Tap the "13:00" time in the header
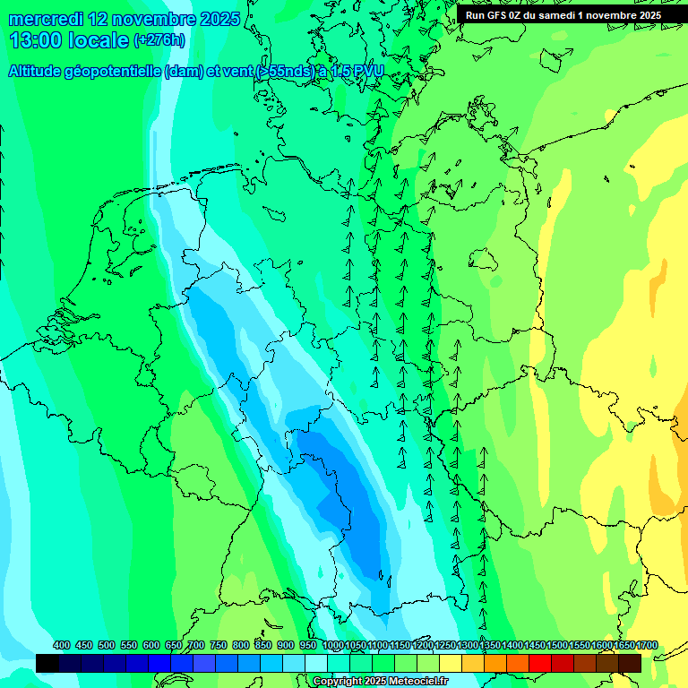coord(33,40)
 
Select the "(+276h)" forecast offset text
coord(160,40)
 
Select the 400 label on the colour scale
coord(62,645)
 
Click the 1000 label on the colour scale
coord(332,645)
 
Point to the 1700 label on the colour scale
coord(647,645)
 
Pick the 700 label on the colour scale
coord(196,645)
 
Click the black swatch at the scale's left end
coord(47,663)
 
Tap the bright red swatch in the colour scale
coord(540,663)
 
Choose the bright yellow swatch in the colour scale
coord(451,663)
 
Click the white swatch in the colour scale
coord(316,663)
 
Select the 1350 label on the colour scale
coord(490,645)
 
